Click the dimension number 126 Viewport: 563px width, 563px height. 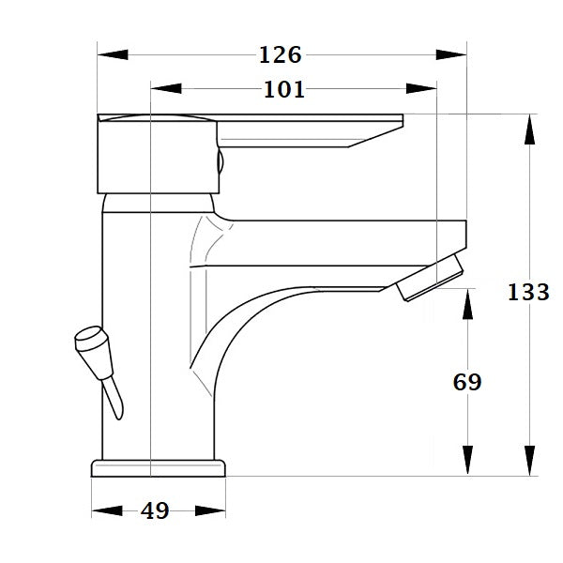pyautogui.click(x=281, y=54)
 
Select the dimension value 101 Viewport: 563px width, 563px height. pyautogui.click(x=284, y=90)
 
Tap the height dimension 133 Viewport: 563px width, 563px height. pyautogui.click(x=528, y=292)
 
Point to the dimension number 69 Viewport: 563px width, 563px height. pyautogui.click(x=466, y=382)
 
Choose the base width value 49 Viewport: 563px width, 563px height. pyautogui.click(x=155, y=511)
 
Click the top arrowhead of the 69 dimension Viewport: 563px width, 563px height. pyautogui.click(x=466, y=303)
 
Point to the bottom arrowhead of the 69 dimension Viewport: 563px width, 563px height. pyautogui.click(x=466, y=460)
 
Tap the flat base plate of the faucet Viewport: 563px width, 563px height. pyautogui.click(x=159, y=466)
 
